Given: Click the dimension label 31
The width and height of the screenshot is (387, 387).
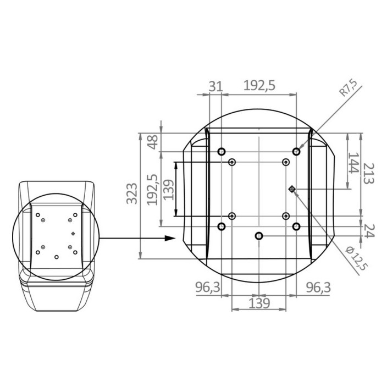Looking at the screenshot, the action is pos(216,86).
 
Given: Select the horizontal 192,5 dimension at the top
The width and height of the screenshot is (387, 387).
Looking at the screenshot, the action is pos(259,86).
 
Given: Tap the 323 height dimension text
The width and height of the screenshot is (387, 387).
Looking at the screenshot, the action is pos(132,193).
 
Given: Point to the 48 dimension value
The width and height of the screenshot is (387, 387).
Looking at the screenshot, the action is pos(153,142).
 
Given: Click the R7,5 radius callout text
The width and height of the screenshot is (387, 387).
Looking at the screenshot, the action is pos(349,88).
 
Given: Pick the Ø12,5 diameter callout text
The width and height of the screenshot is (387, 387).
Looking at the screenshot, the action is pos(357,258).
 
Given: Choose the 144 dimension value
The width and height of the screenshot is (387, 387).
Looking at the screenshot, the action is pos(353,163).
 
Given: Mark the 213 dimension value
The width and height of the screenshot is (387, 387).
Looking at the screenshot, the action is pos(369,173).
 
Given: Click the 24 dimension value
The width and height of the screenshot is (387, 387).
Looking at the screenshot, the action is pos(369,231).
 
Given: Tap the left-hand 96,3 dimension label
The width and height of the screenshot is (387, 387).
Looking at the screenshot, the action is pos(208,288).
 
